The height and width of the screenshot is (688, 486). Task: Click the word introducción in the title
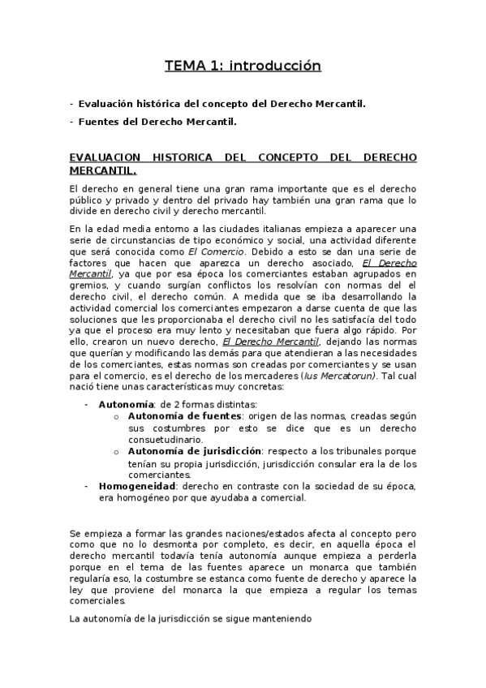[276, 66]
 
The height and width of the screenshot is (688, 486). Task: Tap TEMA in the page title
[184, 66]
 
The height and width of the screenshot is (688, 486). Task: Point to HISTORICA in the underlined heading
[176, 157]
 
